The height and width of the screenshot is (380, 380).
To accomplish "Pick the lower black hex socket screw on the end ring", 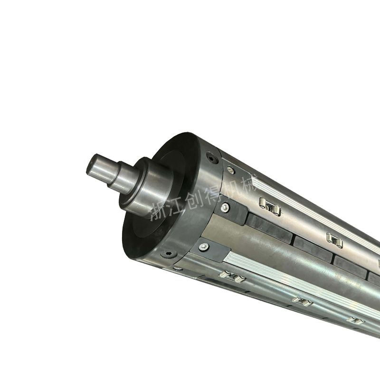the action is [169, 254].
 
